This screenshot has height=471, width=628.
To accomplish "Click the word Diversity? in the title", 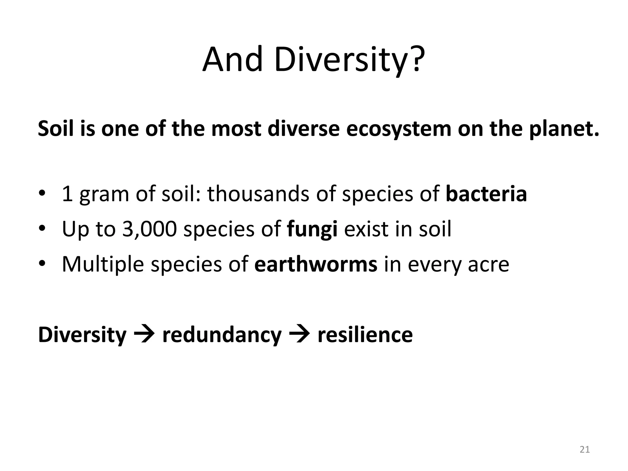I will click(x=350, y=60).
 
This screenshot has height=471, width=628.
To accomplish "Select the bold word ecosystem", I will click(x=399, y=129).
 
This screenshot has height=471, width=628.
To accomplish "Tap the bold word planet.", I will click(x=564, y=129).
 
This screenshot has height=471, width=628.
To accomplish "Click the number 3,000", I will click(x=150, y=229).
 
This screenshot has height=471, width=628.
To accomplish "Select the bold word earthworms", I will click(x=316, y=264).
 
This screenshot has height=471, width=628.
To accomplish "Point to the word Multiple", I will click(x=103, y=265).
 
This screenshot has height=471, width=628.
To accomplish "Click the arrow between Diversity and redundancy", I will click(x=144, y=335).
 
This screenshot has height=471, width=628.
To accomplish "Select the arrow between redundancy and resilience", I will click(x=299, y=335).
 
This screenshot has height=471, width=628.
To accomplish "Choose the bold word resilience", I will click(x=365, y=335).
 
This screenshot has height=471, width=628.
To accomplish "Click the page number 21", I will click(x=585, y=450).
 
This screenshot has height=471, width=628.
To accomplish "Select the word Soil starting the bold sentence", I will click(x=56, y=129).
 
